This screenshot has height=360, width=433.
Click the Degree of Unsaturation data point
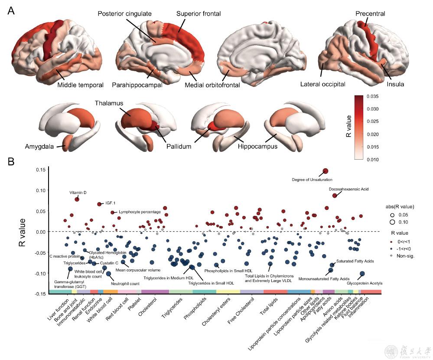coord(326,171)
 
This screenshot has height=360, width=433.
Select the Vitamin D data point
coord(77,199)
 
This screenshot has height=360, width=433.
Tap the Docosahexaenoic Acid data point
coord(335,196)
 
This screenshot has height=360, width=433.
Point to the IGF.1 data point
coord(100,204)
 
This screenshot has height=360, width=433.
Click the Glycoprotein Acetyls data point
coord(362,274)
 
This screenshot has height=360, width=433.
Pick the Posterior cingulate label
coord(125,14)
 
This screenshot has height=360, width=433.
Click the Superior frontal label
coord(199,14)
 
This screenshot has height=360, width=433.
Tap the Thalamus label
coord(109,103)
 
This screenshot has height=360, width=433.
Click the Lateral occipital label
coord(322,85)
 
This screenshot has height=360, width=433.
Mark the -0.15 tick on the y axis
coord(40,294)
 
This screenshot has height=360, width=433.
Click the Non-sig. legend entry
coord(406,257)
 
